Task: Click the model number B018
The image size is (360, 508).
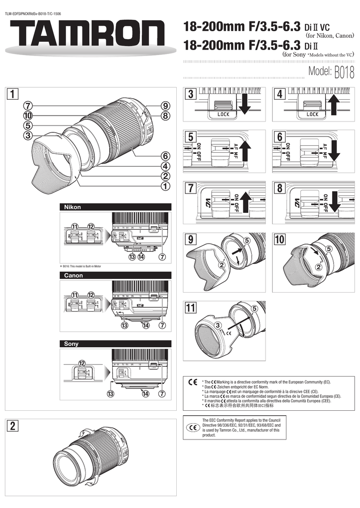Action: (344, 73)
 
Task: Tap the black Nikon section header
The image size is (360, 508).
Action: (115, 207)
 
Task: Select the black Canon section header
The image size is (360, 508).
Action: (115, 275)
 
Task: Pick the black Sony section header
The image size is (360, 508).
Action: (115, 343)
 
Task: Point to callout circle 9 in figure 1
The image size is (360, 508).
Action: (165, 105)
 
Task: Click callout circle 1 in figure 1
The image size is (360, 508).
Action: (165, 186)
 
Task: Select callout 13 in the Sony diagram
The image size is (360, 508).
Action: (125, 394)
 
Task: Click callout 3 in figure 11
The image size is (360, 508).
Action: (217, 325)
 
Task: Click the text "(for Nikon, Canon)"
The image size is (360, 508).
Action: (330, 36)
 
